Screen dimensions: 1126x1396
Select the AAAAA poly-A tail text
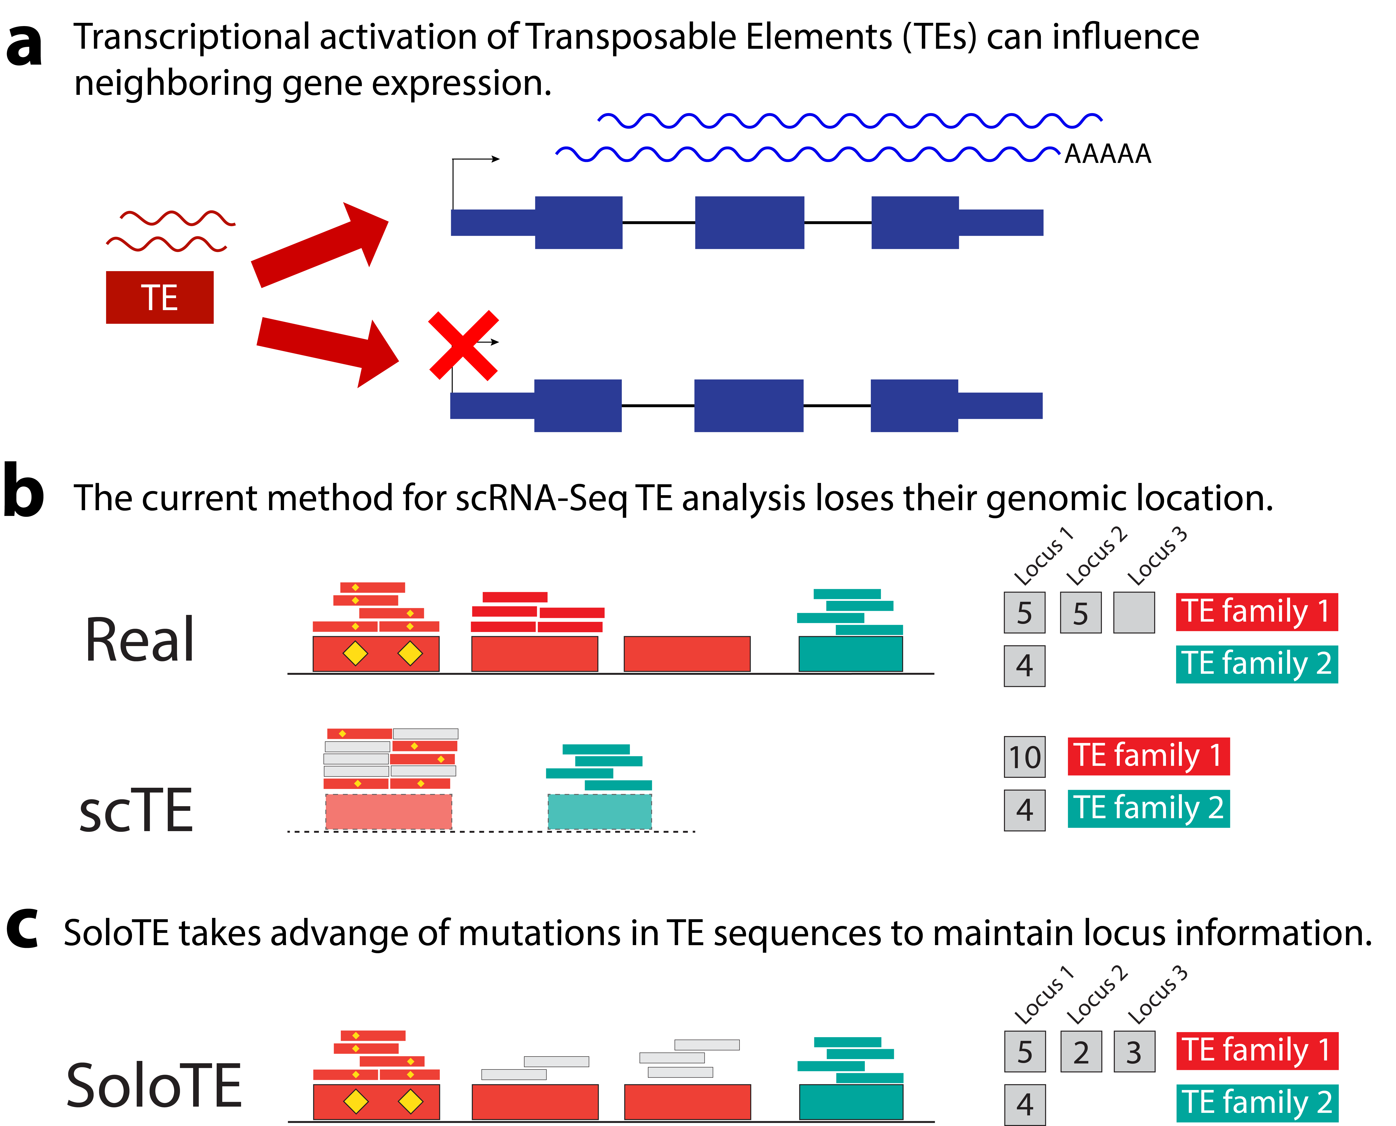tap(1107, 154)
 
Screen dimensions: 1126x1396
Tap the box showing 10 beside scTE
tap(1024, 757)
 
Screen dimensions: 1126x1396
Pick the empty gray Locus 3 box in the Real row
tap(1134, 612)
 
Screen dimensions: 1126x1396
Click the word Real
tap(139, 640)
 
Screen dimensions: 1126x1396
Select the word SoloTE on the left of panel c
tap(154, 1085)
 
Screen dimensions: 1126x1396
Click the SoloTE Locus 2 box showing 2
tap(1081, 1051)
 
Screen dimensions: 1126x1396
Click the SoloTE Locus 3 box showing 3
tap(1134, 1051)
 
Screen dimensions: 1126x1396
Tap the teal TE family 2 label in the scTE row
tap(1148, 808)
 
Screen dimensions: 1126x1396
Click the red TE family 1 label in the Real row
tap(1257, 612)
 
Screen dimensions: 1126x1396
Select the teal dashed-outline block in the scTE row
tap(599, 812)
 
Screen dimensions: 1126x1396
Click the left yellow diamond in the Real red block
tap(355, 653)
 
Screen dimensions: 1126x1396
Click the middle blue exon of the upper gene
tap(749, 222)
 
